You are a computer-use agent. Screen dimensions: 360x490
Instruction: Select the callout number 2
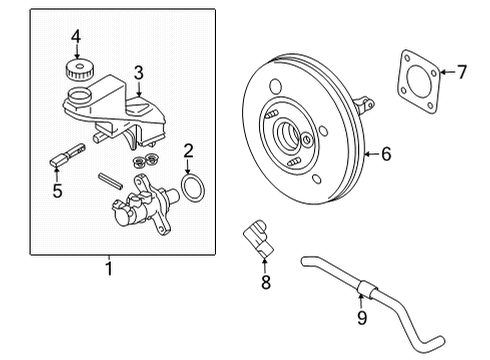pyautogui.click(x=187, y=152)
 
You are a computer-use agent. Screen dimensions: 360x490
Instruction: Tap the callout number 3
pyautogui.click(x=140, y=71)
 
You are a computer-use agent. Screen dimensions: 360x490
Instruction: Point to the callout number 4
pyautogui.click(x=75, y=37)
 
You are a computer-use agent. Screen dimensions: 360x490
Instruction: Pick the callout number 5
pyautogui.click(x=58, y=190)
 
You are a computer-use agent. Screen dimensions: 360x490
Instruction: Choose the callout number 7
pyautogui.click(x=462, y=71)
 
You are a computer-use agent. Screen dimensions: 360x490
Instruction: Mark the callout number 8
pyautogui.click(x=265, y=284)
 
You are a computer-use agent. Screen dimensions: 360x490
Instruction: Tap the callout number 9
pyautogui.click(x=362, y=318)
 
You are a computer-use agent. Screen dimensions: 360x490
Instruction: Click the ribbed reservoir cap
pyautogui.click(x=76, y=72)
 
